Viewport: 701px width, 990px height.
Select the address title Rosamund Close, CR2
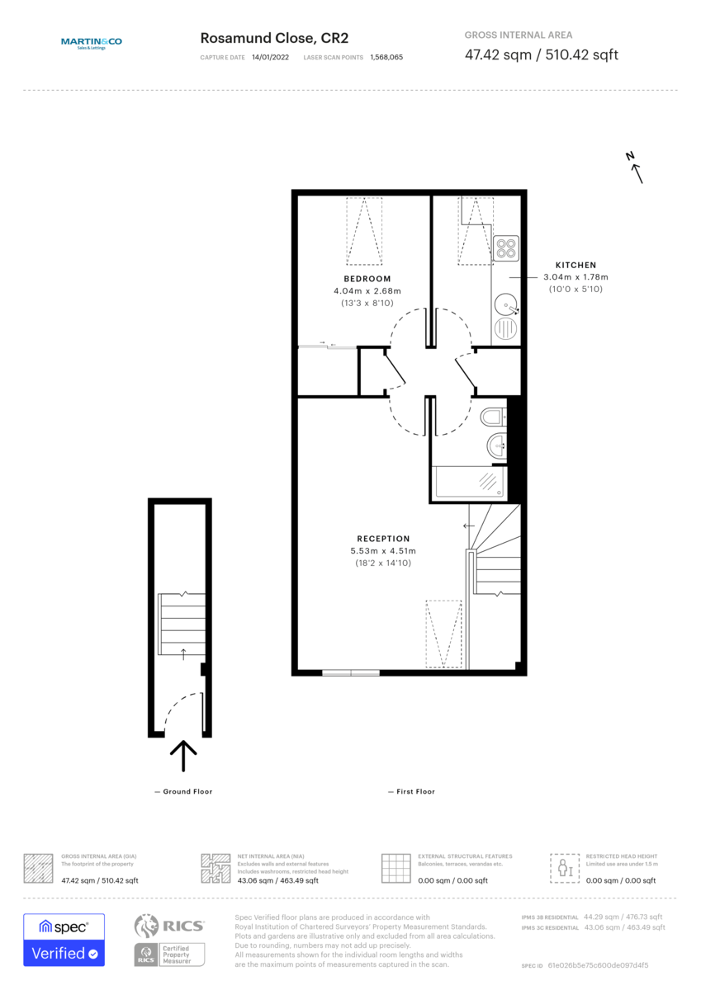click(274, 39)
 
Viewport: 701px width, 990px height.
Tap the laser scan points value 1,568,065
click(386, 58)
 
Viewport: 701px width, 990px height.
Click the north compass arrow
click(635, 169)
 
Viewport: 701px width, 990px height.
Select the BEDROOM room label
click(367, 279)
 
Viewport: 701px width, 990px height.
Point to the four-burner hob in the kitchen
click(505, 247)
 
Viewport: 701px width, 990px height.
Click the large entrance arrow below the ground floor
click(182, 754)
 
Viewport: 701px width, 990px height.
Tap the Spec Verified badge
click(64, 940)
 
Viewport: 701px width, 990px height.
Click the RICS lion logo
click(146, 926)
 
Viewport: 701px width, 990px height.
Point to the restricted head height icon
click(565, 867)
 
